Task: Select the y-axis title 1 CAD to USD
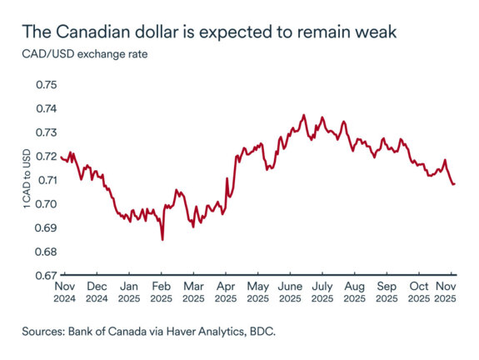point(28,180)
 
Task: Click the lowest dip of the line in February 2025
point(162,239)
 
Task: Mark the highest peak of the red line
point(303,115)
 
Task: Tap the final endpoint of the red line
point(454,183)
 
